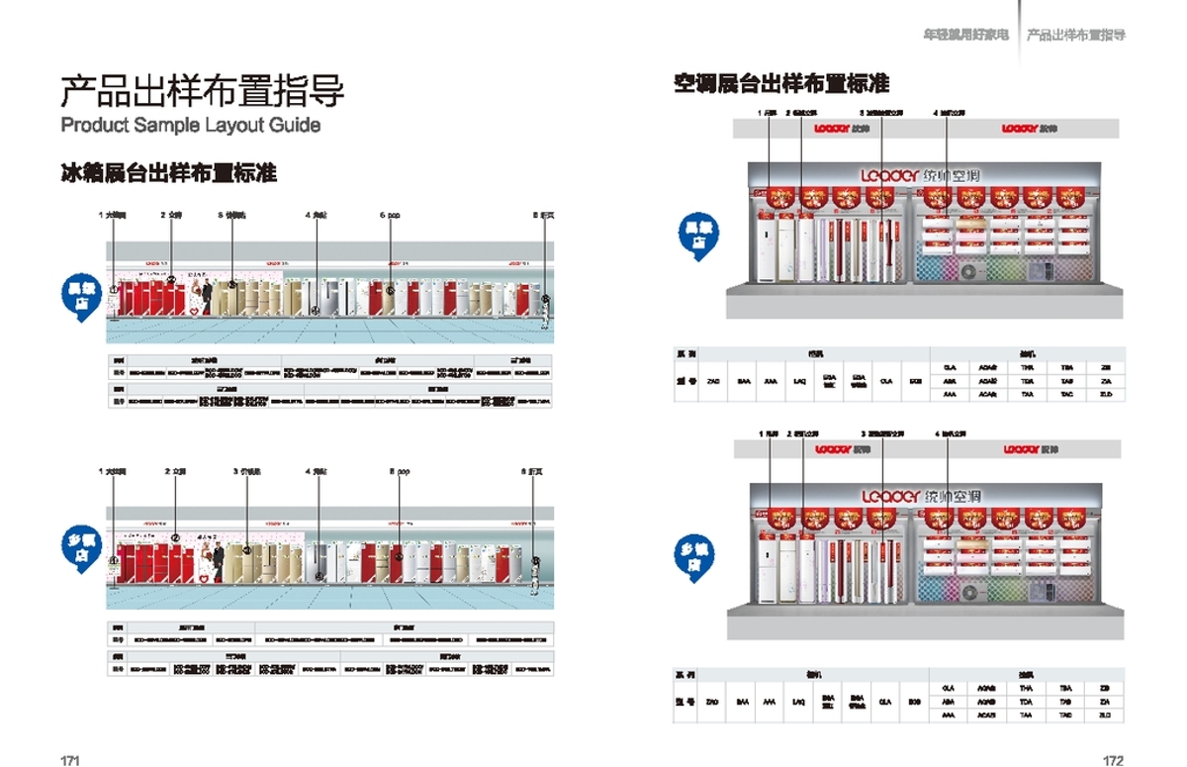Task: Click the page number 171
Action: [69, 760]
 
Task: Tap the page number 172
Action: [1114, 760]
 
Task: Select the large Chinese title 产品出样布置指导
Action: [203, 91]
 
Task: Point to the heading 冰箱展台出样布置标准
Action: [169, 173]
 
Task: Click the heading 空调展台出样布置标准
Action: [781, 83]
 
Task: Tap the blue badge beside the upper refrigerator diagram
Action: [75, 292]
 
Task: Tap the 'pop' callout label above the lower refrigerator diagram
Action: [399, 472]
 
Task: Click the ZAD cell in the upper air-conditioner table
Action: [712, 381]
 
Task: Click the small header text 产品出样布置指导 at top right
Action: [1075, 36]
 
